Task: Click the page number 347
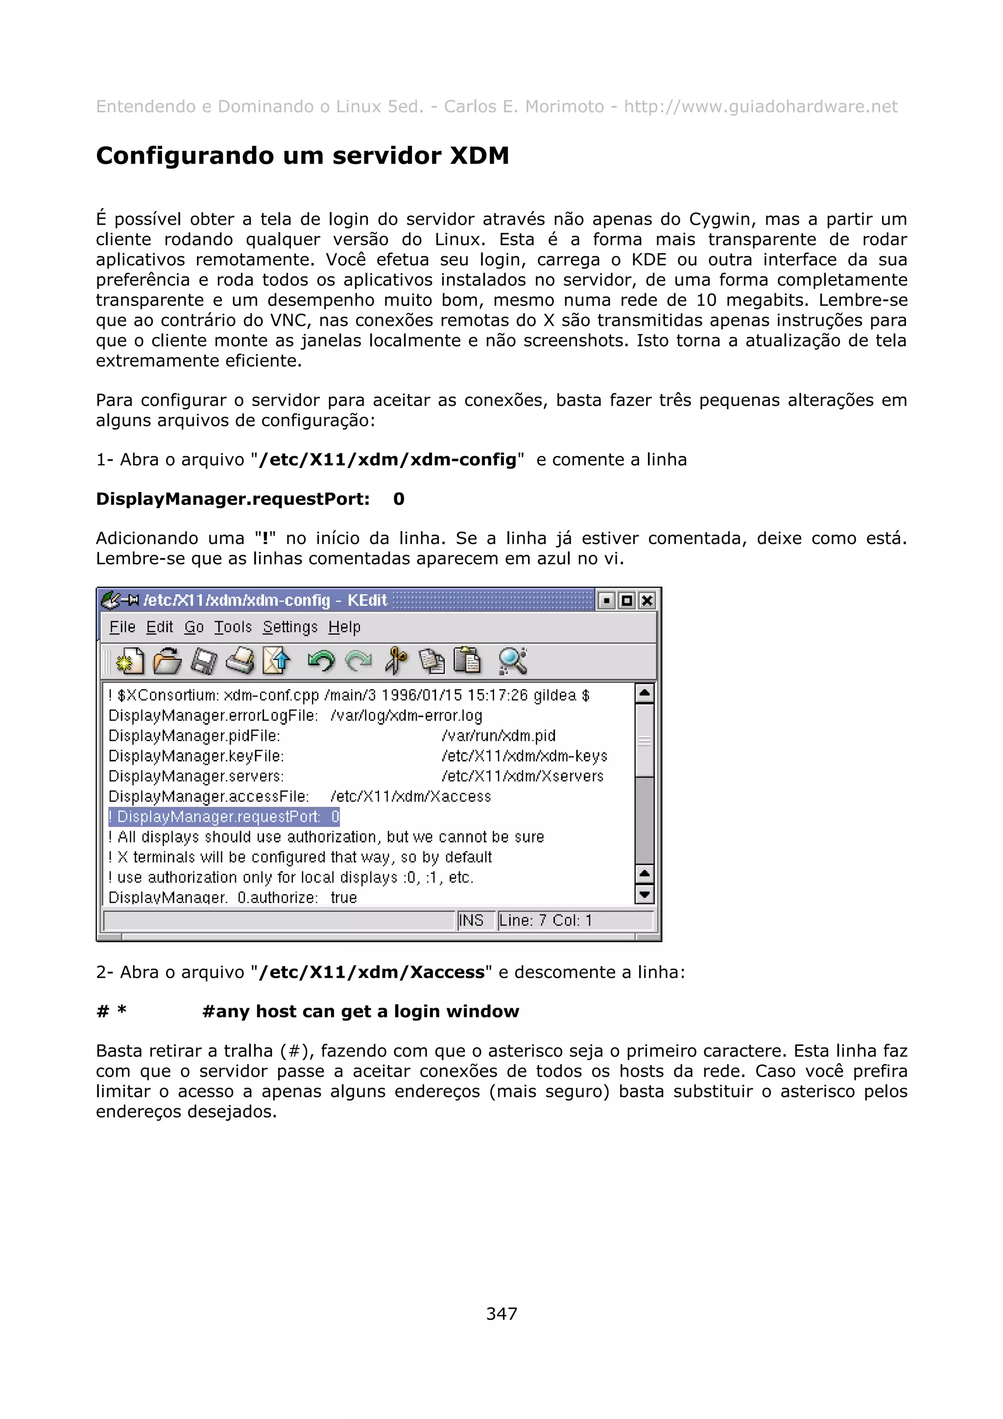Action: click(501, 1313)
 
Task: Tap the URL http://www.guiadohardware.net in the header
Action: click(760, 107)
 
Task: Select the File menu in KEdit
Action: click(122, 627)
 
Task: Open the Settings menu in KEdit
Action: click(289, 627)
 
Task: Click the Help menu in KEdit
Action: click(344, 627)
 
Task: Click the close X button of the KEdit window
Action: click(646, 601)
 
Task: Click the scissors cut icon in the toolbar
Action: click(396, 661)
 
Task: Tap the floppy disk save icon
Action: click(203, 661)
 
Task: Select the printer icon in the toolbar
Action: click(240, 661)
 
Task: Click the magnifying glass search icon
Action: click(512, 661)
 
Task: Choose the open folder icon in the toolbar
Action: click(167, 661)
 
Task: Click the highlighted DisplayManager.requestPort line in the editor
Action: click(224, 817)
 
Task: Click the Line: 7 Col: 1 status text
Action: click(545, 920)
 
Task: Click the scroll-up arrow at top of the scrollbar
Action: click(644, 693)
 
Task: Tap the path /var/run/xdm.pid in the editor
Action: click(498, 736)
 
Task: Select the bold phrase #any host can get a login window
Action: click(360, 1012)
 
